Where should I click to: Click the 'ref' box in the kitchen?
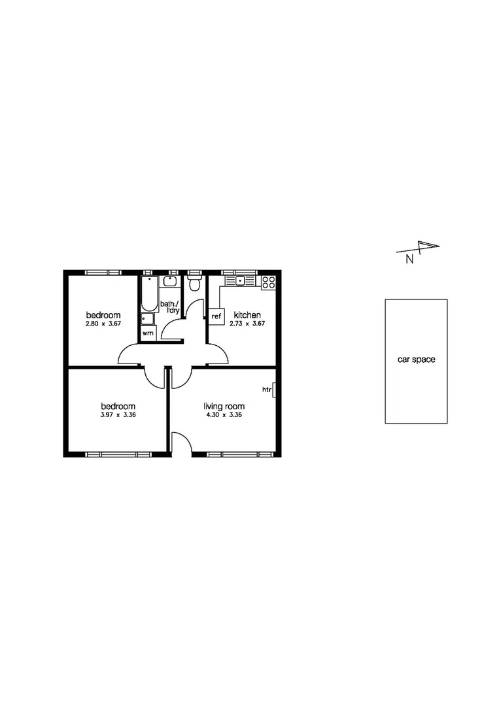tap(216, 316)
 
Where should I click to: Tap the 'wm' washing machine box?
tap(148, 333)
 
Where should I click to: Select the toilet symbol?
tap(194, 284)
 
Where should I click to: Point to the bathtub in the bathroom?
tap(147, 294)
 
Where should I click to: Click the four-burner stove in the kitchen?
tap(268, 282)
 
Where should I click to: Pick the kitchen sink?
tap(240, 281)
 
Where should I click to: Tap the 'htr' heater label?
tap(266, 390)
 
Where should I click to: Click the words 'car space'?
tap(416, 360)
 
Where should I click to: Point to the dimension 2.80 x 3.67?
tap(103, 324)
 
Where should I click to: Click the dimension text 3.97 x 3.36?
tap(118, 414)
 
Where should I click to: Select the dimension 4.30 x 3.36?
tap(223, 414)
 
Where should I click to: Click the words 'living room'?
tap(224, 406)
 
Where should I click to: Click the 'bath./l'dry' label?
tap(169, 307)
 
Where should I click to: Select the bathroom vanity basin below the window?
tap(170, 282)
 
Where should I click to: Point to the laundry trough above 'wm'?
tap(147, 319)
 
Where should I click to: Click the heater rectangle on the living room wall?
tap(274, 390)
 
